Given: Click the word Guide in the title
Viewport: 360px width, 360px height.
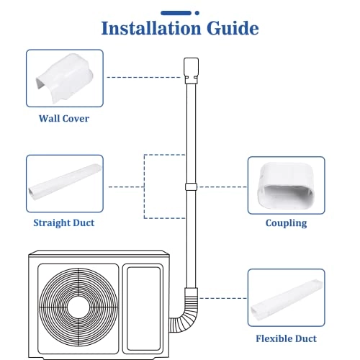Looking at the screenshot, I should coord(233,29).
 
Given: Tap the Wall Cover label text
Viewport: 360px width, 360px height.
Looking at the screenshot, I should coord(64,117).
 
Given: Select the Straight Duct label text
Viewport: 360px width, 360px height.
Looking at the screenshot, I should coord(64,222).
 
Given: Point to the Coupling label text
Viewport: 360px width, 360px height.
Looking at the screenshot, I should coord(286,223).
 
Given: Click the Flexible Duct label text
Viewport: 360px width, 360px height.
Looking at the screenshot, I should coord(286,337).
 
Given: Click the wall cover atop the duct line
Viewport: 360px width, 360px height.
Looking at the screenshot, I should coord(190,68).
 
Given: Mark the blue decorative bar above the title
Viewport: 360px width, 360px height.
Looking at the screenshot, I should coord(180,11).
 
